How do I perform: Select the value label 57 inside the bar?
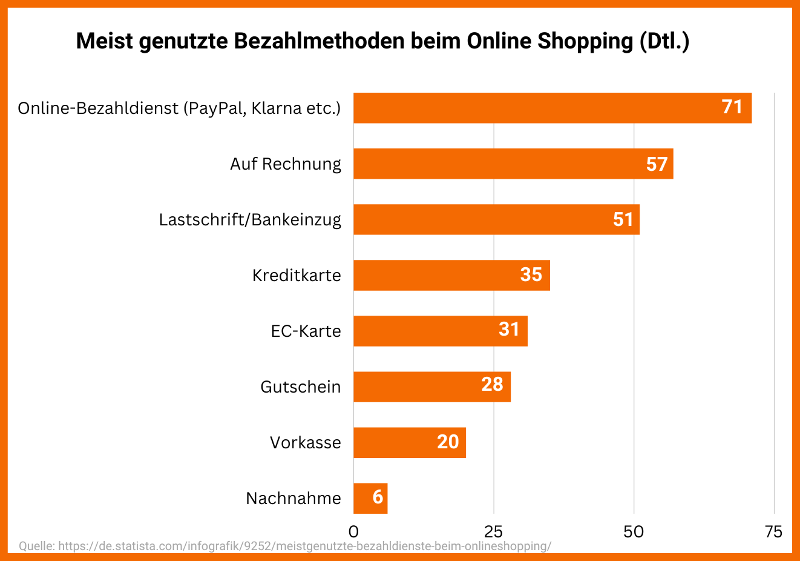coord(657,164)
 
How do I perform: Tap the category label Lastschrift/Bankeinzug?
coord(250,219)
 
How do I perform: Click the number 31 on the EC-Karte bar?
coord(509,329)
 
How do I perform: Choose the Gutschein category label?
coord(301,387)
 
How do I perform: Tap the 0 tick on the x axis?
coord(353,532)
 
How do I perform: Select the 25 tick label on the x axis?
coord(494,532)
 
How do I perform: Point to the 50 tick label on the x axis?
coord(634,532)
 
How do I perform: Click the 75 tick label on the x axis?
coord(773,532)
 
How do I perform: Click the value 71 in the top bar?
coord(732,107)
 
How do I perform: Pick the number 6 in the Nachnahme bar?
coord(378,497)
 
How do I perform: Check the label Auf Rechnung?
coord(286,164)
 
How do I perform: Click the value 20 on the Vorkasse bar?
coord(448,442)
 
